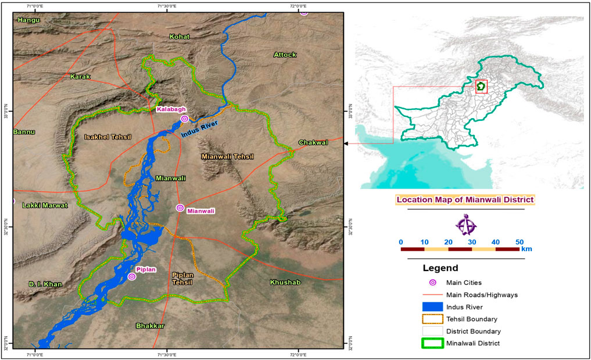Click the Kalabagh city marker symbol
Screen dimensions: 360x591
tap(184, 119)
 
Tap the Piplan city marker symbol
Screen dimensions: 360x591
tap(132, 277)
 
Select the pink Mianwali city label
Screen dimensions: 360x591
tap(200, 211)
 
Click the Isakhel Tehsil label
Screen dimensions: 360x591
tap(108, 137)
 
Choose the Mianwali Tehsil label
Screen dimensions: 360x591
tap(228, 156)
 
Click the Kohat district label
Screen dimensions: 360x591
tap(180, 37)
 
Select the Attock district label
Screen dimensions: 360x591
tap(285, 55)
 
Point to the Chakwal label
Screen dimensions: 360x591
tap(313, 142)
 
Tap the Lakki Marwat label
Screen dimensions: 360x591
tap(45, 205)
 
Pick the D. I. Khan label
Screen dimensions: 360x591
tap(45, 284)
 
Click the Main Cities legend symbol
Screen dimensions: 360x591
tap(432, 283)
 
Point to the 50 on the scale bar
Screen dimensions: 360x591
tap(519, 241)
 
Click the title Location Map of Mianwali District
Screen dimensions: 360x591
tap(465, 199)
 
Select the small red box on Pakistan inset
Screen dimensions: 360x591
tap(481, 87)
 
